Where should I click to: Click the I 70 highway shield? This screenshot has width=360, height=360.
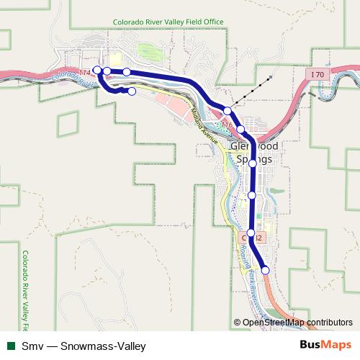tap(318, 73)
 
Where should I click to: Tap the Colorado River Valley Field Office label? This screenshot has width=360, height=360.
tap(169, 22)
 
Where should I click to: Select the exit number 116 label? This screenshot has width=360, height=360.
tap(228, 125)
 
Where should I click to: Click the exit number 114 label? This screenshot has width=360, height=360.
tap(86, 73)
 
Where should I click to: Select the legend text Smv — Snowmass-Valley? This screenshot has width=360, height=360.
tap(84, 346)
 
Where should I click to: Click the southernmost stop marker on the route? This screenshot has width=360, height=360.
tap(266, 270)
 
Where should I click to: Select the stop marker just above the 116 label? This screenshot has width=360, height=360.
tap(228, 111)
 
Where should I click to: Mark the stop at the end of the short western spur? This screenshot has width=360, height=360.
tap(132, 91)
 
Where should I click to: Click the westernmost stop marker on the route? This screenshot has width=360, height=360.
tap(97, 70)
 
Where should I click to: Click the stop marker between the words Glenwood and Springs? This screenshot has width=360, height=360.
tap(253, 163)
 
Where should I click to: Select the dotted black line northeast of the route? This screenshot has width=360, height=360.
tap(252, 89)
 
